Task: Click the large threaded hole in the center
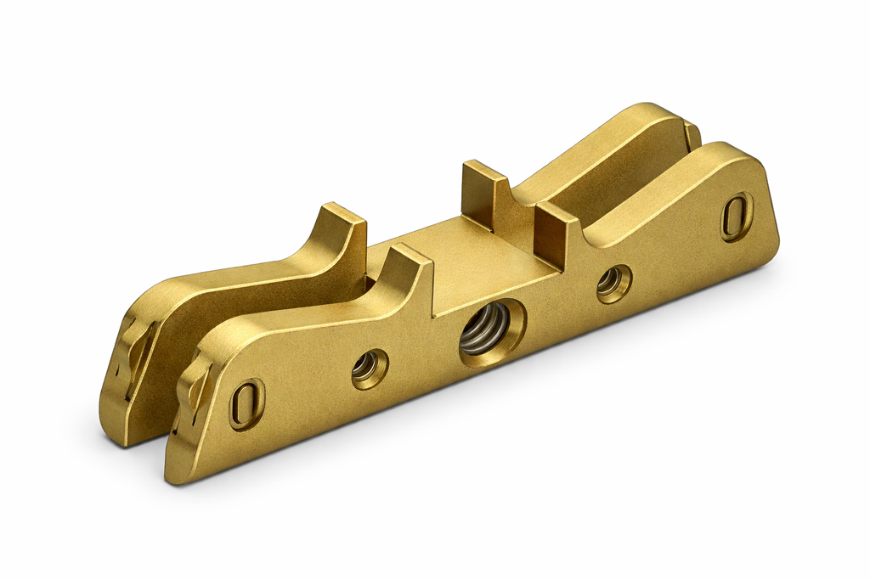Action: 485,331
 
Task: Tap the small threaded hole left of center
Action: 369,368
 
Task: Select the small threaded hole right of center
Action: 612,283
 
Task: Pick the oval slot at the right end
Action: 736,216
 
